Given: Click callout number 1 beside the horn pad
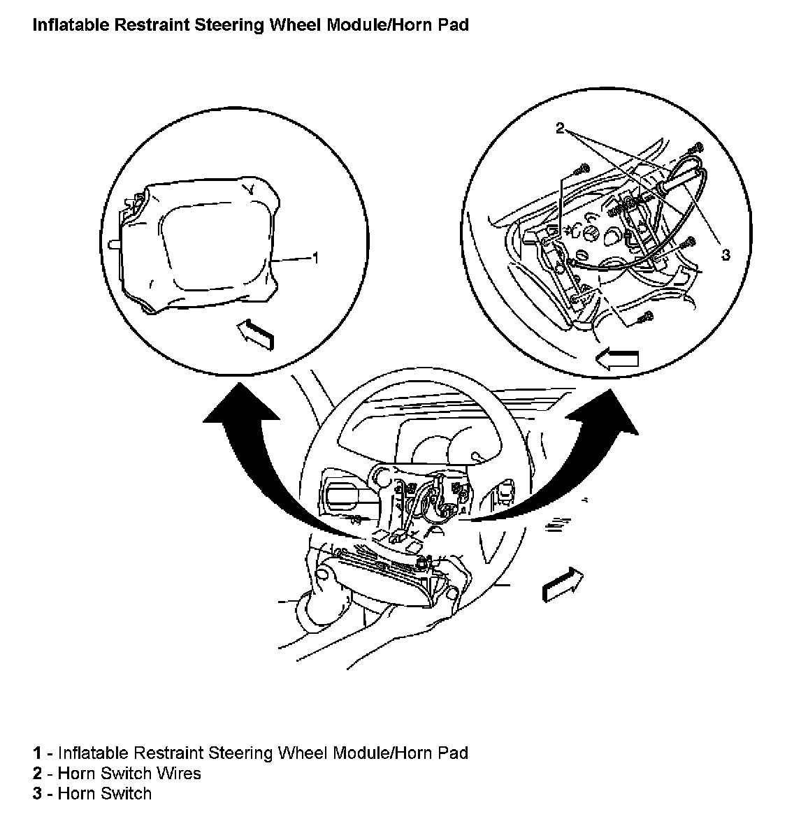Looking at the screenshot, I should pyautogui.click(x=315, y=259).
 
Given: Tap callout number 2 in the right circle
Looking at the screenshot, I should pyautogui.click(x=560, y=128).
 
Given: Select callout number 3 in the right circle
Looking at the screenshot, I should pyautogui.click(x=726, y=255).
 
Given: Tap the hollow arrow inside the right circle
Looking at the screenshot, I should pyautogui.click(x=617, y=359).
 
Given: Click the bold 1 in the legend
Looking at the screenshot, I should pyautogui.click(x=37, y=753).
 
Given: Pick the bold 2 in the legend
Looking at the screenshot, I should pyautogui.click(x=37, y=774).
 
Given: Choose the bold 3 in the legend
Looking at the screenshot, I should pyautogui.click(x=37, y=794).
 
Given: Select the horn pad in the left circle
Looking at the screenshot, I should pyautogui.click(x=203, y=245).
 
